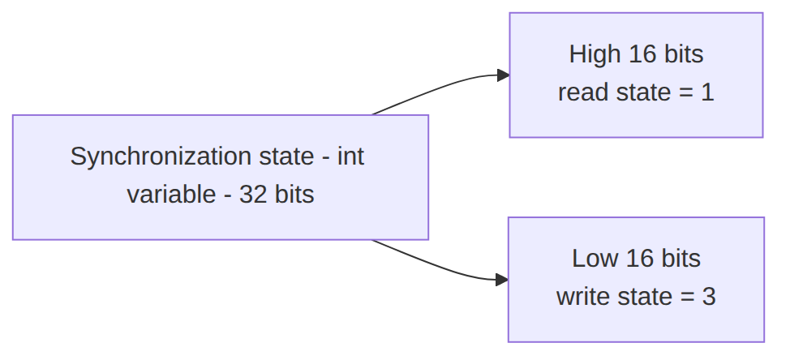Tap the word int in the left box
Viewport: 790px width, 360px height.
coord(350,156)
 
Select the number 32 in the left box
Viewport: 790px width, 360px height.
coord(253,195)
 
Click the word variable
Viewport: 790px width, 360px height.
coord(171,195)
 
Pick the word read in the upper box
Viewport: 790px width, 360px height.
coord(583,92)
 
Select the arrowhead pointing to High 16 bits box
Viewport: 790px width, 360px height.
coord(504,75)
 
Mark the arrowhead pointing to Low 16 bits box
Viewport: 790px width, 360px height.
coord(502,280)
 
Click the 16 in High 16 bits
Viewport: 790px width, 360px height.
coord(642,54)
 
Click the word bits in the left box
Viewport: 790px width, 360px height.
coord(294,195)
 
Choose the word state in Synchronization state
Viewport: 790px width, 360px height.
coord(286,156)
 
